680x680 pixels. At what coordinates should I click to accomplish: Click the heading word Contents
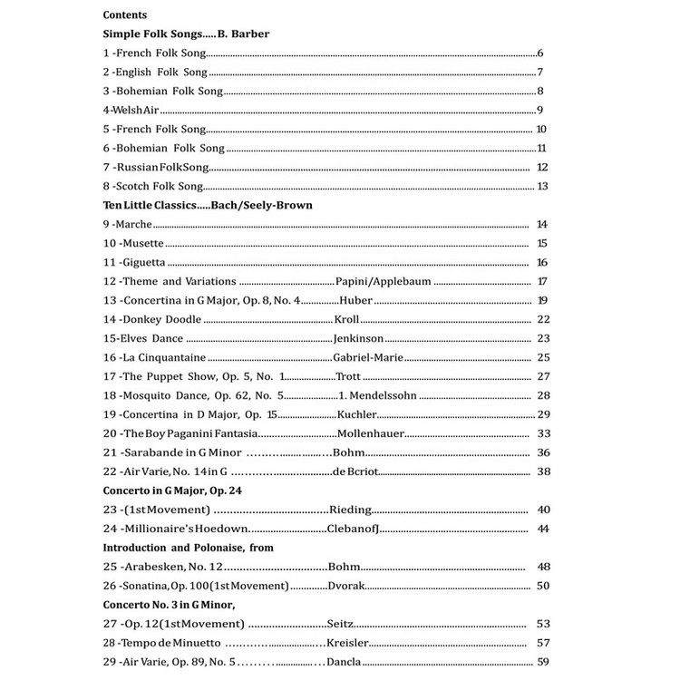(125, 15)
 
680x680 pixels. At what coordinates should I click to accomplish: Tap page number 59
(543, 662)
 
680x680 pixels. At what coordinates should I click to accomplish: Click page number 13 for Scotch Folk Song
(543, 187)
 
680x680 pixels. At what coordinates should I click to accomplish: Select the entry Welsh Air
(131, 111)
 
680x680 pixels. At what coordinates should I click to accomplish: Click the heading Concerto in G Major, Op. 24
(172, 491)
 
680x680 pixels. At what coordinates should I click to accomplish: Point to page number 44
(543, 529)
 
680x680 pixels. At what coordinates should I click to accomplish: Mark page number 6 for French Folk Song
(540, 53)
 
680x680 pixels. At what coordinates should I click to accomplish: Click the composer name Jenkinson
(360, 338)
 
